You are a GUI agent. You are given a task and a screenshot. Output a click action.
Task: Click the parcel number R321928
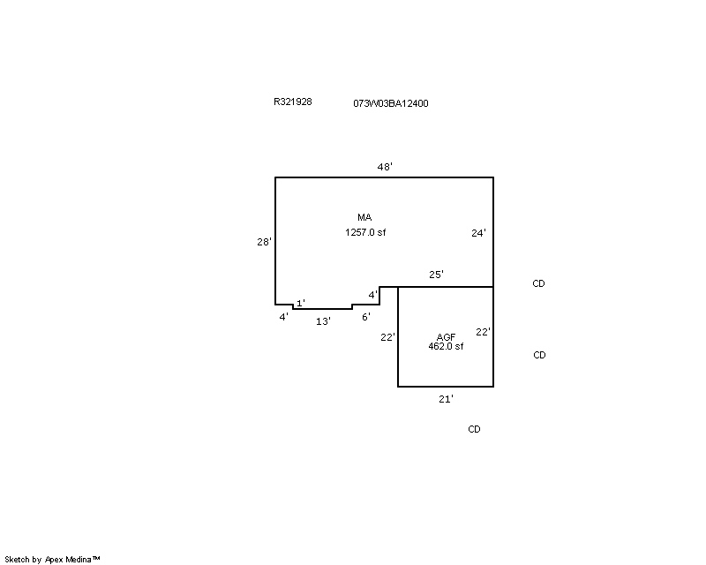293,102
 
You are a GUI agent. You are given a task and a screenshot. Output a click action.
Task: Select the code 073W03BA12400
391,103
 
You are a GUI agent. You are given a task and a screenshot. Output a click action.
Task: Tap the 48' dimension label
385,167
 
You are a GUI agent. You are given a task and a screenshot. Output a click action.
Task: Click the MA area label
364,217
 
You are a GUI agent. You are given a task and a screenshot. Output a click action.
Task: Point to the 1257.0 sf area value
365,232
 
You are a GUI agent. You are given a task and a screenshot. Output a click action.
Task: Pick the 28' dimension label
264,242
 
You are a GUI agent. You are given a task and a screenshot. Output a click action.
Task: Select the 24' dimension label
478,233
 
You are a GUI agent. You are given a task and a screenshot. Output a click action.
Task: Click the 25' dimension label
436,275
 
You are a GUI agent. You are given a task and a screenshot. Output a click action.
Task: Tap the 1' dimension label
301,303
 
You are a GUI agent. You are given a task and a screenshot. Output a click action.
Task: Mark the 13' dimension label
323,321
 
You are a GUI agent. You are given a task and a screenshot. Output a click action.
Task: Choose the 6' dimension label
366,317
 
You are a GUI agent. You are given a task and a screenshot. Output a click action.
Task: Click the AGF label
447,337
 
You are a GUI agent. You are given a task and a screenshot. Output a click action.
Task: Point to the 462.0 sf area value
446,346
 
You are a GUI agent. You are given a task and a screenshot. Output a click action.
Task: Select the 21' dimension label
447,399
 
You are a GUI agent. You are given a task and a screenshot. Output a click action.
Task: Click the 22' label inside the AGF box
483,332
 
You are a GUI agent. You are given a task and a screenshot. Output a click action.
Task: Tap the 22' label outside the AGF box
387,337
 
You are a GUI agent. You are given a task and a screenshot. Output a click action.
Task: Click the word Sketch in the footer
17,560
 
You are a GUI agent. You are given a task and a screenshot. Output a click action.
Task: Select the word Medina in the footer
79,560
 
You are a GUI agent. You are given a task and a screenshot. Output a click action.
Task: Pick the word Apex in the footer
54,560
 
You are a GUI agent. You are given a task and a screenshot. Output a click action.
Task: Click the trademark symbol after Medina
96,558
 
